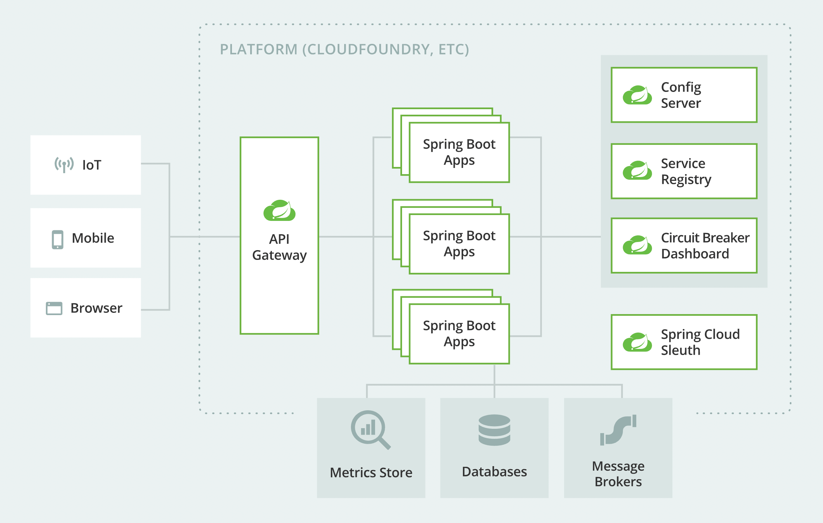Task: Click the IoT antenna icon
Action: click(64, 165)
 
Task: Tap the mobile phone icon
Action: click(58, 240)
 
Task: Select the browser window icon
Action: click(54, 308)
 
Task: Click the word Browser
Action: click(96, 308)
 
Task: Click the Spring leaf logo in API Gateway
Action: click(279, 210)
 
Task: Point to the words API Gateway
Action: click(279, 247)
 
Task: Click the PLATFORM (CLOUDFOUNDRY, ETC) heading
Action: click(344, 49)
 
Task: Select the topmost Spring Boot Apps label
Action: click(459, 152)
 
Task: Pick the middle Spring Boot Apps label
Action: click(459, 244)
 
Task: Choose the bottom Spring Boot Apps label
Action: click(459, 334)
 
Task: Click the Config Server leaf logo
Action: click(637, 95)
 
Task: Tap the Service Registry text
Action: click(686, 172)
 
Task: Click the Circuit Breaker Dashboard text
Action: click(705, 246)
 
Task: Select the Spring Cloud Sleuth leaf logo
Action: click(637, 342)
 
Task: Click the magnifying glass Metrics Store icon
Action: click(370, 429)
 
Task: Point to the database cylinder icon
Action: click(494, 430)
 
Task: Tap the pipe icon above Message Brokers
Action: click(618, 430)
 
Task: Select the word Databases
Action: click(494, 472)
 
